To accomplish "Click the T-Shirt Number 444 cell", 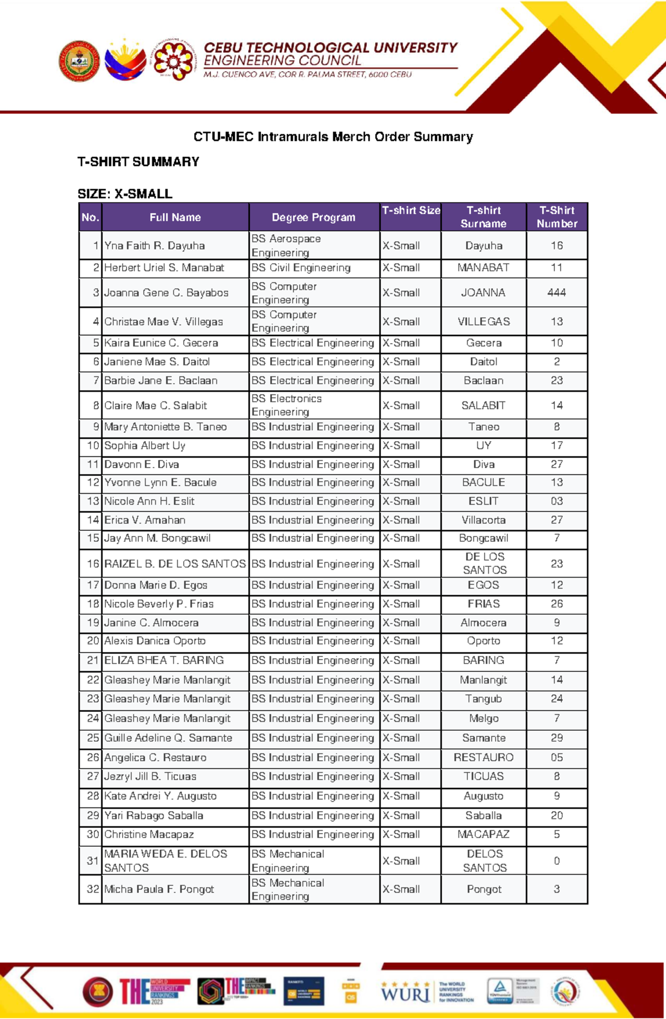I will (x=556, y=293).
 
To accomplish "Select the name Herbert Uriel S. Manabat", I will (x=164, y=268).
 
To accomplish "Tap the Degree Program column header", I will (x=314, y=217).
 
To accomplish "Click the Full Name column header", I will (x=175, y=217).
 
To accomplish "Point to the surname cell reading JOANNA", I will (x=483, y=293).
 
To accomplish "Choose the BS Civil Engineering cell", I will (x=301, y=268).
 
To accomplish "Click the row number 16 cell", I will (x=92, y=564).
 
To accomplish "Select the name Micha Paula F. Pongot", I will (x=159, y=889).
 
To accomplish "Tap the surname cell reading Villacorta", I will (x=483, y=520).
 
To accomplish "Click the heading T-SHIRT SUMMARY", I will (x=138, y=162).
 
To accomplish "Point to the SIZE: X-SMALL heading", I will (x=125, y=194).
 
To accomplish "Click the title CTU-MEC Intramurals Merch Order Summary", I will (x=333, y=137).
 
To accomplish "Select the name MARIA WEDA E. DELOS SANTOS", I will (x=165, y=861).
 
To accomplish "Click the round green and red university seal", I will (x=79, y=61).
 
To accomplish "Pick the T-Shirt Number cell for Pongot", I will (x=556, y=889).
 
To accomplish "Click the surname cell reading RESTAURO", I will (x=483, y=757).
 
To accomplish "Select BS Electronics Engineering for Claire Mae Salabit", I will (x=286, y=405).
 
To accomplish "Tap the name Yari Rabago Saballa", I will (x=154, y=816).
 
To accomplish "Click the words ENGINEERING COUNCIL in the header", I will (x=282, y=61).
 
